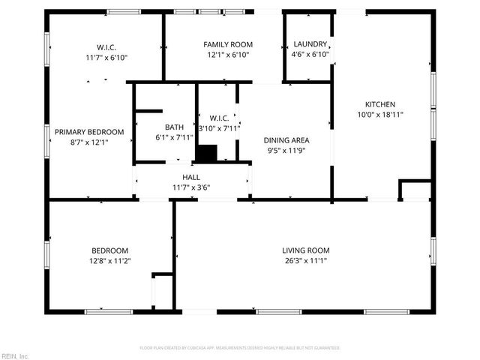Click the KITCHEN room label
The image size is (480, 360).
click(x=380, y=104)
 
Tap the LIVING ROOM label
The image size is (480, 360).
click(x=306, y=250)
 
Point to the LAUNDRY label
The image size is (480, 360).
click(x=310, y=45)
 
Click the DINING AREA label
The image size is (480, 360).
click(x=286, y=139)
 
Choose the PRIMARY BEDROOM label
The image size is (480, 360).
click(x=89, y=132)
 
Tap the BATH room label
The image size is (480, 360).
click(x=174, y=127)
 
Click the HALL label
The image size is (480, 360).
click(x=191, y=177)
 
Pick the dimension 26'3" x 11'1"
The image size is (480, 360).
click(x=306, y=261)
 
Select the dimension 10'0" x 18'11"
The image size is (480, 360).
click(x=380, y=115)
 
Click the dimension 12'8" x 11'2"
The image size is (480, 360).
click(x=110, y=261)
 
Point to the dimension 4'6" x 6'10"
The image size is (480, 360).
click(x=310, y=55)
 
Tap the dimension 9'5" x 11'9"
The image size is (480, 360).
click(x=286, y=150)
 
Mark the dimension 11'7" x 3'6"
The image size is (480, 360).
click(x=191, y=187)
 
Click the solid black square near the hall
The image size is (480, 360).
click(x=205, y=152)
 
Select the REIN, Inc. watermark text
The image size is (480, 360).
click(x=15, y=355)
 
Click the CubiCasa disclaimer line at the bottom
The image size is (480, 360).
click(x=240, y=348)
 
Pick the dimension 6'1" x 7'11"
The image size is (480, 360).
click(x=174, y=137)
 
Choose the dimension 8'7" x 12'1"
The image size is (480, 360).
click(x=89, y=142)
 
